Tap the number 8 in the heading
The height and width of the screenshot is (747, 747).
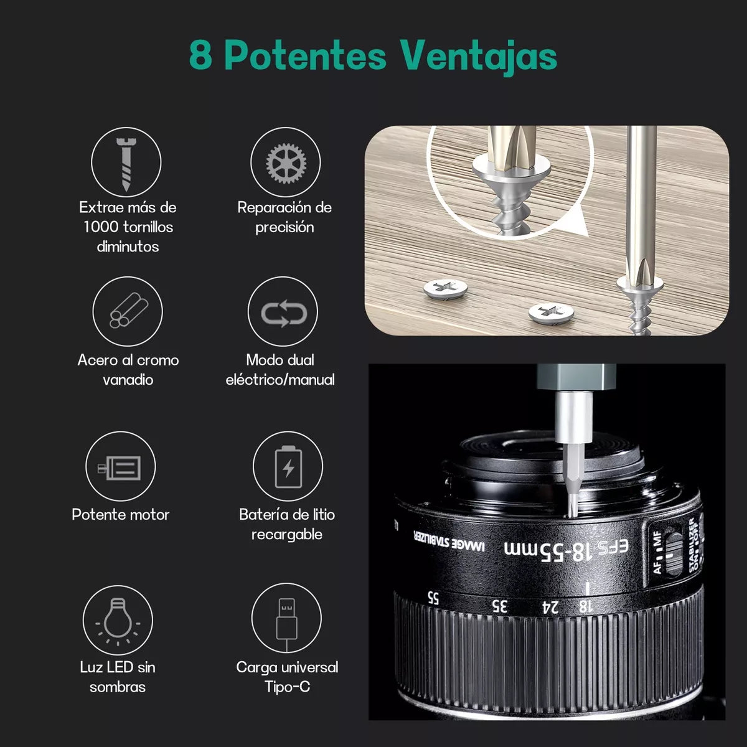click(x=200, y=55)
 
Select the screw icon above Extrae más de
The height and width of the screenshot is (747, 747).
click(x=126, y=164)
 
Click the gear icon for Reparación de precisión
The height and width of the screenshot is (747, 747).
click(x=286, y=163)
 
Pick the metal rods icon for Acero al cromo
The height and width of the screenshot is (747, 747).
click(x=128, y=310)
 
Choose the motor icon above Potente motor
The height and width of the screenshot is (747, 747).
click(x=120, y=467)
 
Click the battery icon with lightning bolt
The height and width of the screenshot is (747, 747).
click(x=288, y=467)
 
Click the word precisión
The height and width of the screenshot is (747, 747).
click(x=284, y=227)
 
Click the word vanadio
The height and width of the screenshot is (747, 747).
click(x=128, y=380)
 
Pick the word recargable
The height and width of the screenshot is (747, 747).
click(x=287, y=535)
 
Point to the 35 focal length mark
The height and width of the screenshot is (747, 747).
click(x=499, y=606)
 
